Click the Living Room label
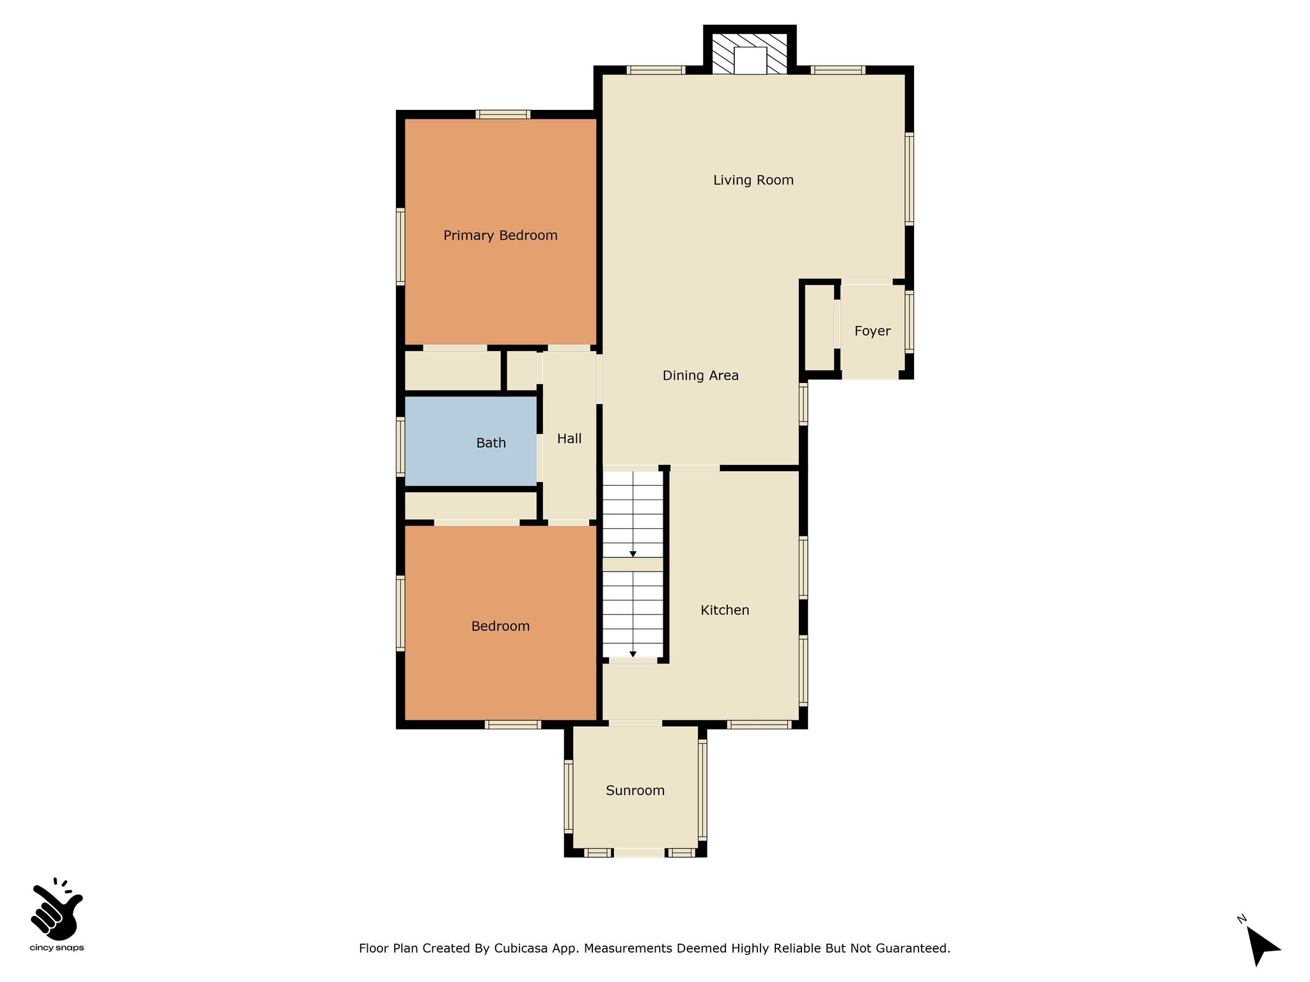[x=753, y=180]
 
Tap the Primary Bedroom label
[x=500, y=236]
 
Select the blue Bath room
[x=471, y=441]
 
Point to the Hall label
[x=569, y=439]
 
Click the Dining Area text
[x=700, y=376]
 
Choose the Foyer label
[x=872, y=331]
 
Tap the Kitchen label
[x=725, y=610]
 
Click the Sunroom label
[x=635, y=791]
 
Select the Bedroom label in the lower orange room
[x=500, y=627]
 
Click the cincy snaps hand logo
[x=57, y=908]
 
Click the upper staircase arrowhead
[x=633, y=554]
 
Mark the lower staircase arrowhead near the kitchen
[x=633, y=654]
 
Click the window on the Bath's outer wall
[x=401, y=447]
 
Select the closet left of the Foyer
[x=819, y=327]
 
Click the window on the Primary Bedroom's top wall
[x=503, y=114]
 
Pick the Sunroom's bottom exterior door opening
[x=640, y=852]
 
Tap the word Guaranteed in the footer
[x=915, y=948]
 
